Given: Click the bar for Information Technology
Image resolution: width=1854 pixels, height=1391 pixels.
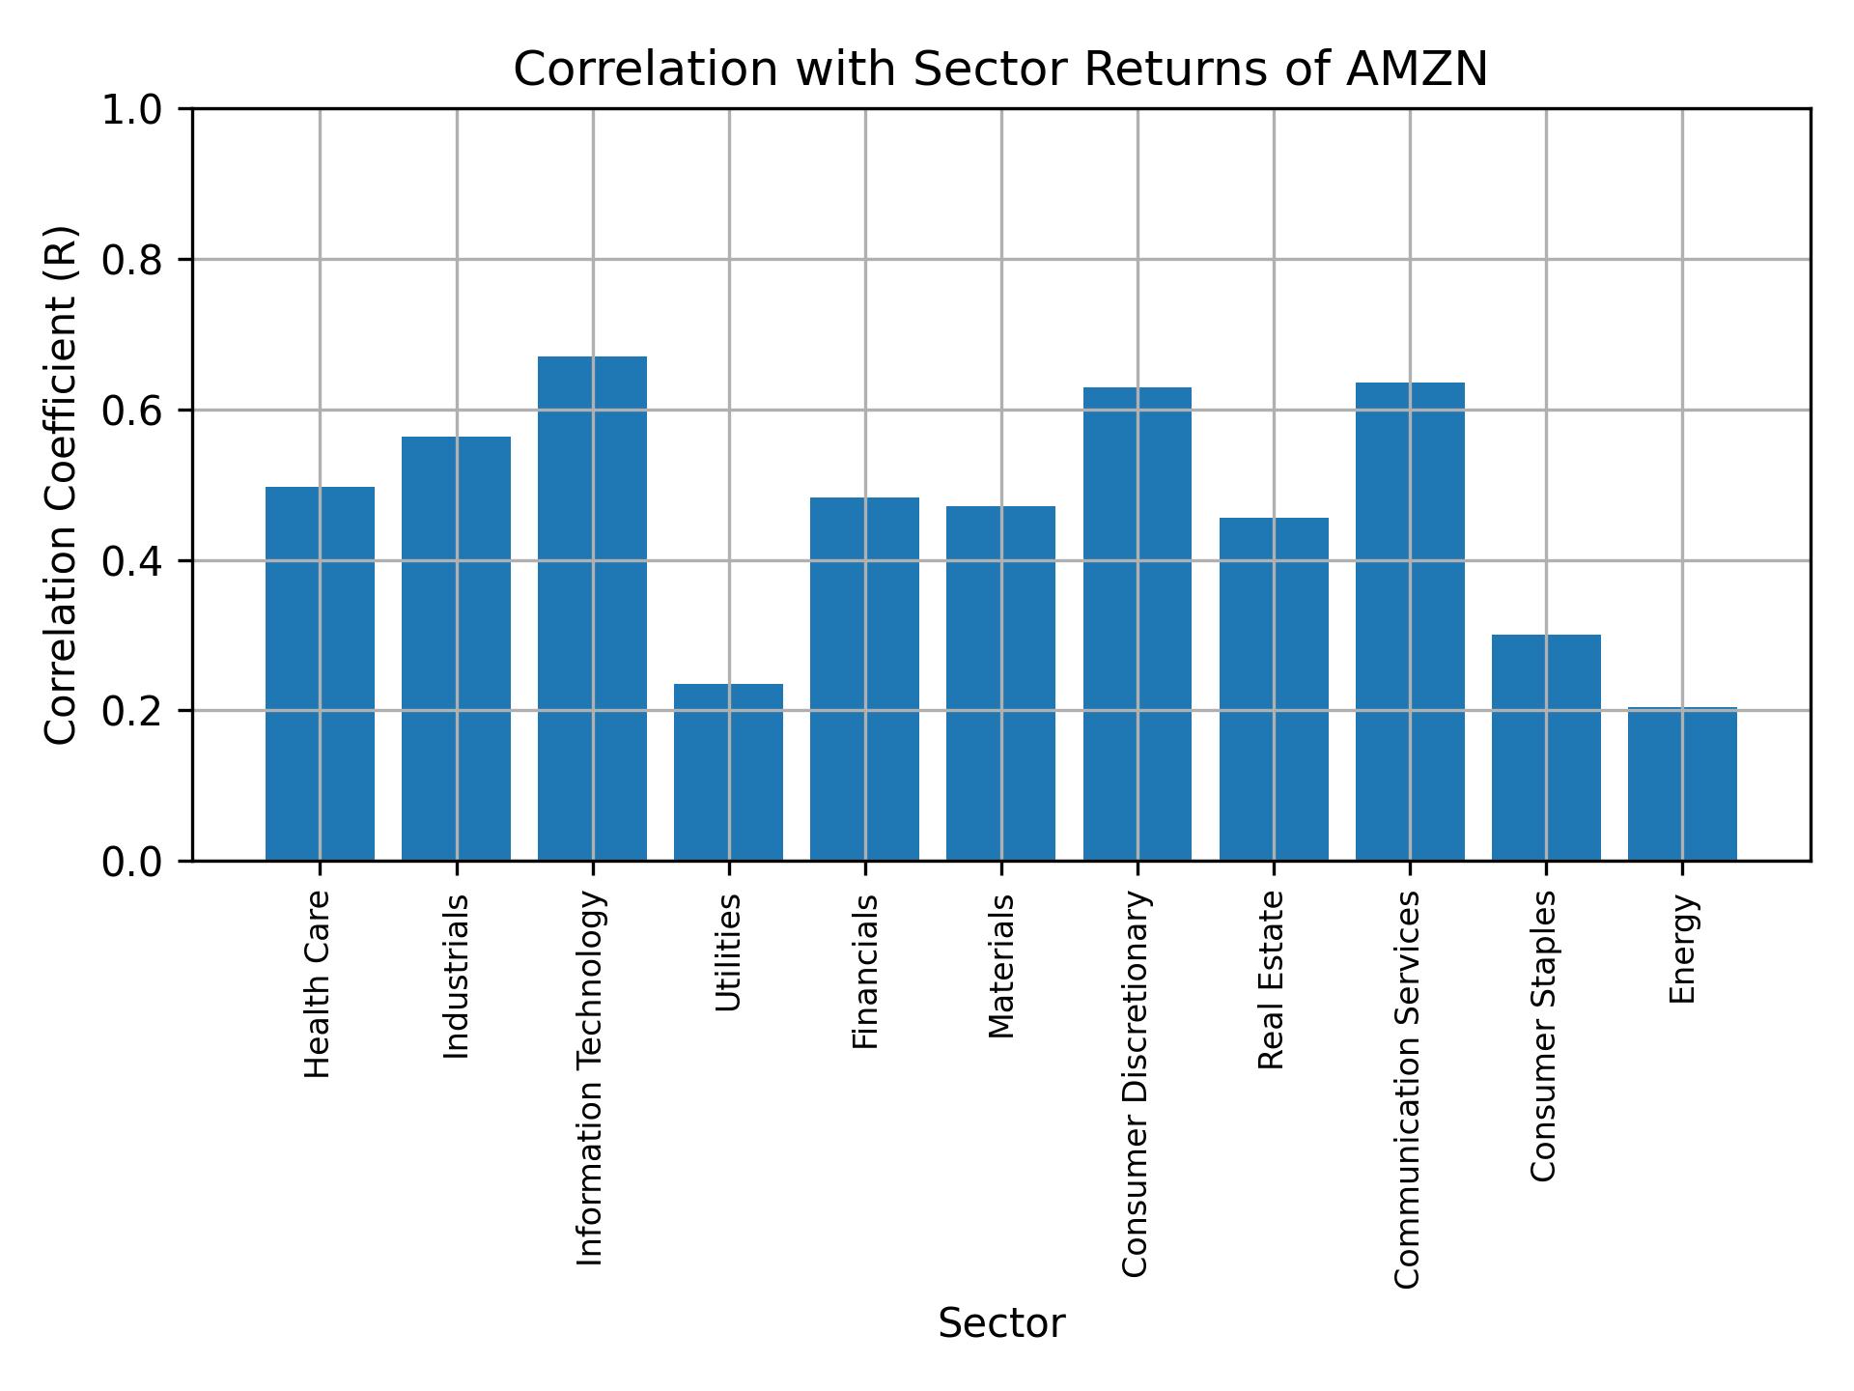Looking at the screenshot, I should [592, 609].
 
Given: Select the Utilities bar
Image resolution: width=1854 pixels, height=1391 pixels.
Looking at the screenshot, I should [728, 772].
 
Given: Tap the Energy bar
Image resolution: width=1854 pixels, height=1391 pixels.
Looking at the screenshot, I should [1682, 783].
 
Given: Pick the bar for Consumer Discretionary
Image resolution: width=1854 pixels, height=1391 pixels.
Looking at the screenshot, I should [1137, 624].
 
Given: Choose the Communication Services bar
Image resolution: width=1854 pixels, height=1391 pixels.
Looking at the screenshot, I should [1410, 621].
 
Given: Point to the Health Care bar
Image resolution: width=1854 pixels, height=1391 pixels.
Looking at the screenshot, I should [320, 673].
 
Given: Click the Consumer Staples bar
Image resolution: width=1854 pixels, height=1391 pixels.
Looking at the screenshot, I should [1546, 747].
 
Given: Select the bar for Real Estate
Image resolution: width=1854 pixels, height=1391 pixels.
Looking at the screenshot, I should [1273, 689].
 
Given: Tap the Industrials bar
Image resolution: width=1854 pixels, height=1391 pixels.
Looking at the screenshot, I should [456, 648].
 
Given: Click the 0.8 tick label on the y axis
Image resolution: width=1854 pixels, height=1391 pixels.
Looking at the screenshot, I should [131, 260].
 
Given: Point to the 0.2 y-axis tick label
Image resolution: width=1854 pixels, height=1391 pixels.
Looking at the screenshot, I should [131, 711].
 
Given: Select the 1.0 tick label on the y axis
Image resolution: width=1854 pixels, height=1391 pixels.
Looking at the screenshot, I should [131, 110].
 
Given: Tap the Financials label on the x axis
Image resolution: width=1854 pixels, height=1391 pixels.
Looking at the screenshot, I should [865, 971].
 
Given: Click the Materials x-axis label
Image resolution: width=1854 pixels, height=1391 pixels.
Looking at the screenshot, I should [1001, 966].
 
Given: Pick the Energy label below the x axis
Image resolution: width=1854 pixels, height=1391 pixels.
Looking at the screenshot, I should [1682, 949].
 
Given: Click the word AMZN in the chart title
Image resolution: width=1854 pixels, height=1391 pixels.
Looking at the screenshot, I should [1417, 70].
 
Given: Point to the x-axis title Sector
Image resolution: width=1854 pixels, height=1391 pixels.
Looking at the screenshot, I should [1001, 1323].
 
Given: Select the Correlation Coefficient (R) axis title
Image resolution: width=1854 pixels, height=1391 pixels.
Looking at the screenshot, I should [61, 485].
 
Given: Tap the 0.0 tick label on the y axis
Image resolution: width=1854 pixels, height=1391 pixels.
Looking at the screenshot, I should [131, 862].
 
